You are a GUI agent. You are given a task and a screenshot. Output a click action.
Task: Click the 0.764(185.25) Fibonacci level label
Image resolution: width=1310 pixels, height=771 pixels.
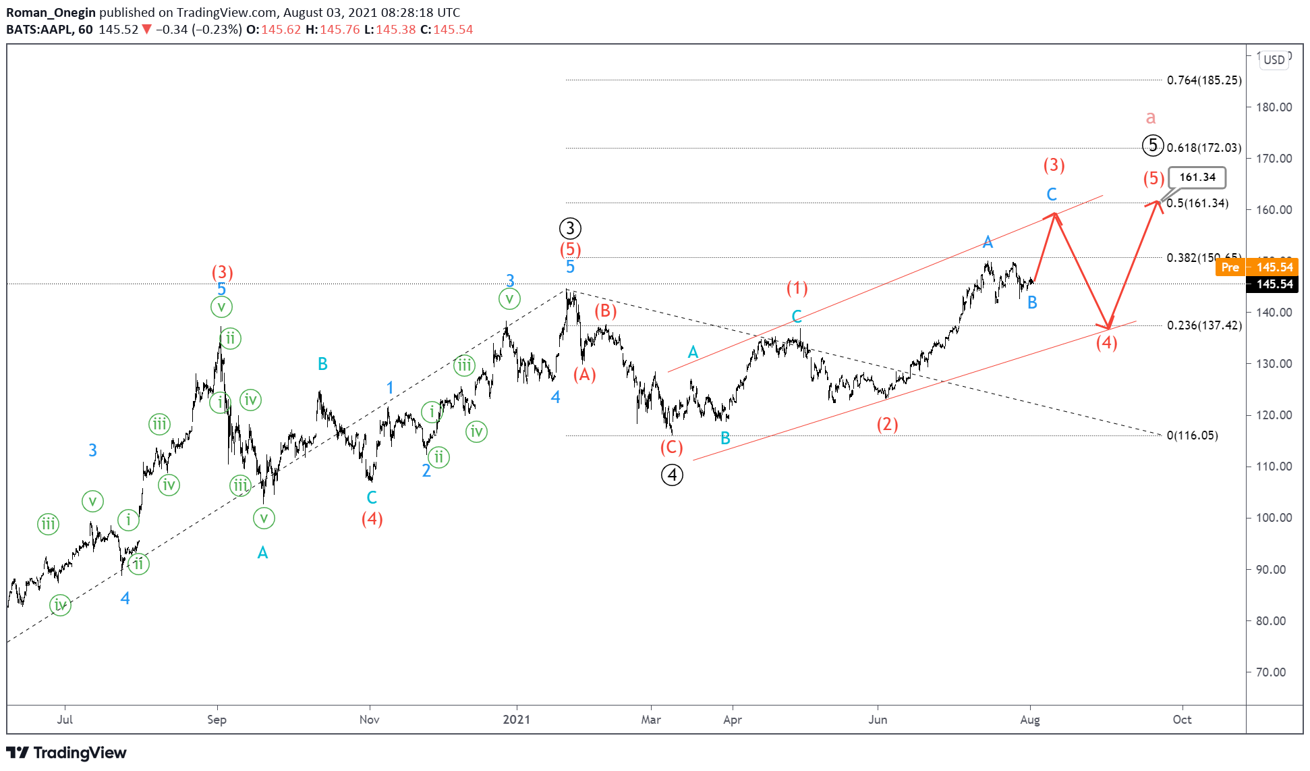coord(1204,80)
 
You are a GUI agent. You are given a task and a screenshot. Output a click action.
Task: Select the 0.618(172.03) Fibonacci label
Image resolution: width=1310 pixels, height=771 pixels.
coord(1204,148)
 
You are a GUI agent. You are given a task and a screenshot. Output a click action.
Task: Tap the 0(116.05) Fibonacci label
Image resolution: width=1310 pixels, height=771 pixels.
coord(1192,435)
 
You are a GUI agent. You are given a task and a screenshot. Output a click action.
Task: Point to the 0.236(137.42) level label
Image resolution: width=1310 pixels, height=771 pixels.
coord(1204,325)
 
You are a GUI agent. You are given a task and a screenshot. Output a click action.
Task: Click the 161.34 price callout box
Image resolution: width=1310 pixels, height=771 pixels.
coord(1197,178)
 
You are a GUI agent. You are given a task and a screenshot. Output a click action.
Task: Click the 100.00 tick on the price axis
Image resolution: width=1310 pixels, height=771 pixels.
coord(1274,518)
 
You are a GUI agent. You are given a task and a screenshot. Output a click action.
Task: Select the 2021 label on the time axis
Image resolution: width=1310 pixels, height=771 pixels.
coord(517,720)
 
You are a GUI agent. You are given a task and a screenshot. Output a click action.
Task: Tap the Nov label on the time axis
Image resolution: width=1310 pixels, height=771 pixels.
coord(369,720)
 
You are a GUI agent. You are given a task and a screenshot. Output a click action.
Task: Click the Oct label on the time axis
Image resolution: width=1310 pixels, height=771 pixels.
coord(1182,720)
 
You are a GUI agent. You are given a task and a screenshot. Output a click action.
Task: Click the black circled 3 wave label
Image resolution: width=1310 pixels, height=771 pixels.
coord(570,228)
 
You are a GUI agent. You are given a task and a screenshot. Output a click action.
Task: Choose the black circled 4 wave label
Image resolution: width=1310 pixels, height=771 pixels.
coord(672,475)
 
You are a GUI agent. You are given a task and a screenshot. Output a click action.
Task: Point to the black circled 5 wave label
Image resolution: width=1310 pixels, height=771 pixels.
coord(1153,145)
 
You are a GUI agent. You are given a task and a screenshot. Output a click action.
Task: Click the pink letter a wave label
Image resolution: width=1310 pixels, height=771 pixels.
coord(1151,118)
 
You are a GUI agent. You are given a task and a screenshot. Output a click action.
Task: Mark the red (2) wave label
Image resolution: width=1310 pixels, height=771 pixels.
coord(887,425)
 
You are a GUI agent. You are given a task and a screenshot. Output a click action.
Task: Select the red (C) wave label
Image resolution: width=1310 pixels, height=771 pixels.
coord(671,448)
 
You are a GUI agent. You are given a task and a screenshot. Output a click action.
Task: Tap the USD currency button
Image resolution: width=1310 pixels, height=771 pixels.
coord(1274,59)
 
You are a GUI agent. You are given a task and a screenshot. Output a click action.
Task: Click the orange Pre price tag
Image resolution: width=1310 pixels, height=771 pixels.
coord(1230,267)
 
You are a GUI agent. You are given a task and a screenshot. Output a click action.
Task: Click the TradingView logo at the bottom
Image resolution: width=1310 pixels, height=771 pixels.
coord(66,753)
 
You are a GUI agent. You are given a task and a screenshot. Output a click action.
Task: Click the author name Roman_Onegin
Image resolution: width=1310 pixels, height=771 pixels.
coord(51,12)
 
